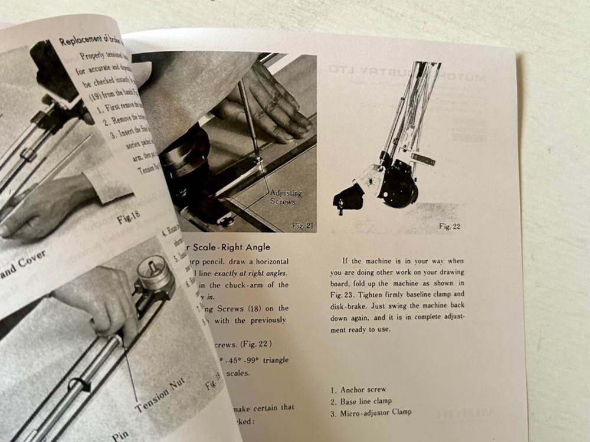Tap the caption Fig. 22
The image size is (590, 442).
coord(450,227)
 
